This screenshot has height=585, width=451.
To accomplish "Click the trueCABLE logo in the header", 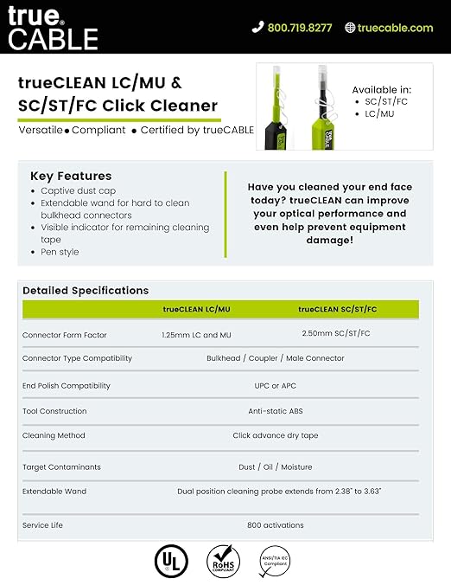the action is click(54, 27).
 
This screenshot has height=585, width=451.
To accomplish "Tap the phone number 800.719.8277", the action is click(299, 28).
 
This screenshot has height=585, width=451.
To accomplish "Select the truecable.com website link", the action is click(395, 28).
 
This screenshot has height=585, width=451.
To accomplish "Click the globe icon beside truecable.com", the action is click(350, 28).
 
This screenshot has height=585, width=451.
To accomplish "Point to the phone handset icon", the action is click(257, 28).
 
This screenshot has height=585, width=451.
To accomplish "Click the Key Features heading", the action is click(71, 176).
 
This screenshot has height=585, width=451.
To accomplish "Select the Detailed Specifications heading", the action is click(86, 291).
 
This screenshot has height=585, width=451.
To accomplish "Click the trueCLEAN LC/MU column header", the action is click(197, 309).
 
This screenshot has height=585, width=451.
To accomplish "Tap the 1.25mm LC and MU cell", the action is click(196, 334).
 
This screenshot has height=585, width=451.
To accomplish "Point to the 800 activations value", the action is click(276, 525).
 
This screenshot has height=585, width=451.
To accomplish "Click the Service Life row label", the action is click(42, 525).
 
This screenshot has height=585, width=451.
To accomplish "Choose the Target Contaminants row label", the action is click(61, 467).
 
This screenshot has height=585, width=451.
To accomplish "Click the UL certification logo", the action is click(170, 561).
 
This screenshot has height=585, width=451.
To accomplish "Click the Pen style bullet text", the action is click(60, 252).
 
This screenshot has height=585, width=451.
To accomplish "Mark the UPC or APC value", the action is click(276, 386).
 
